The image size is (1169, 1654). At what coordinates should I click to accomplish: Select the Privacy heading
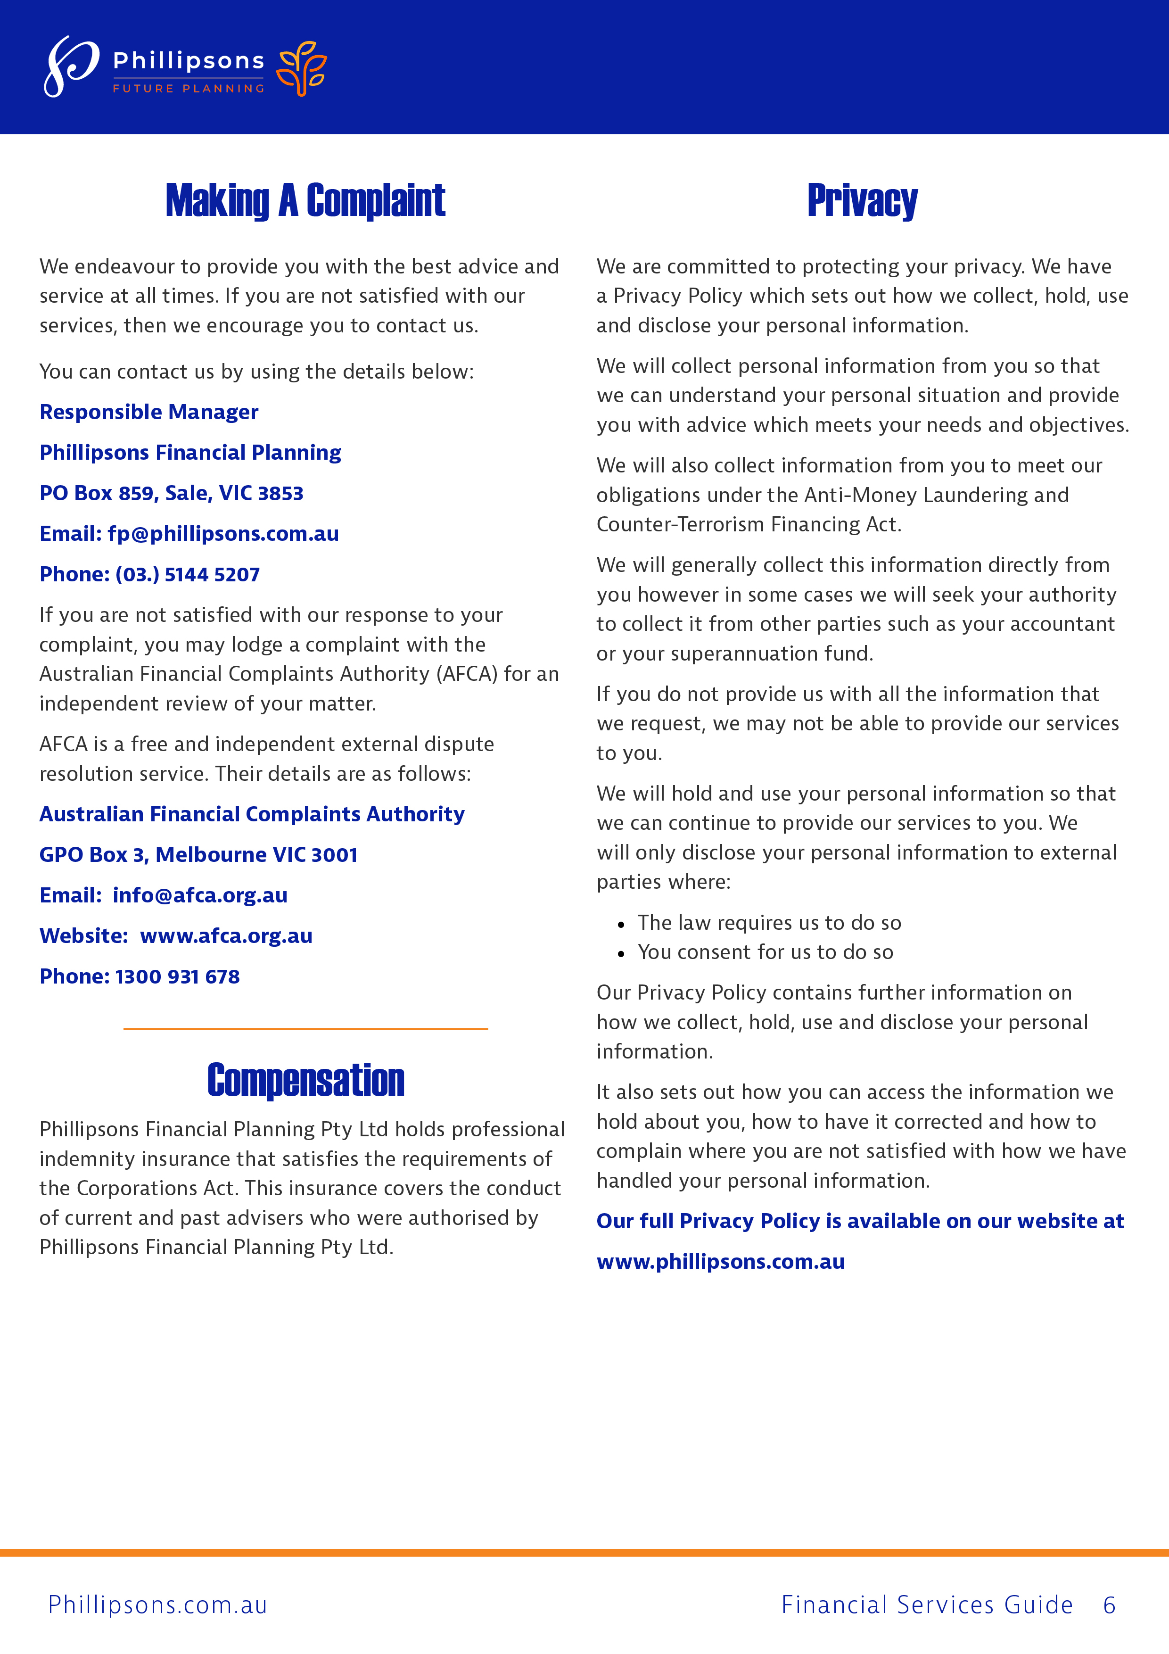coord(862,200)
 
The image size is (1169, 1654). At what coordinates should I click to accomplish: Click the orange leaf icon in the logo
coord(303,68)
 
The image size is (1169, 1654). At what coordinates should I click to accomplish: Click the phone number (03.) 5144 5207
coord(187,574)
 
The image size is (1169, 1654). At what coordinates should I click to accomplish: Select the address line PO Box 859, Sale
coord(172,494)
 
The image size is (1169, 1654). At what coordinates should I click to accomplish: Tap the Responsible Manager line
coord(149,412)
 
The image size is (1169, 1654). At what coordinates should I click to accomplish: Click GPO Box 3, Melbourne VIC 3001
coord(198,855)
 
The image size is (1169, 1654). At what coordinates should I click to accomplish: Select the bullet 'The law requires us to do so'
coord(768,923)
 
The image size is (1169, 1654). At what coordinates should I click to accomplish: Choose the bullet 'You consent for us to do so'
coord(765,952)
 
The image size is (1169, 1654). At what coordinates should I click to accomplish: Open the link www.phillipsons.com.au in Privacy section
coord(720,1262)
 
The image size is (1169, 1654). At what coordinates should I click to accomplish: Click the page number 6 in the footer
coord(1109,1605)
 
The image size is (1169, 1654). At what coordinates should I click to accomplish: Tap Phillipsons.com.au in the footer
coord(158,1605)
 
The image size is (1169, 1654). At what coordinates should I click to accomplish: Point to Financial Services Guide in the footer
coord(927,1605)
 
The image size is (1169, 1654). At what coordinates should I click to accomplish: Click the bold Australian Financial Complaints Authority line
coord(252,814)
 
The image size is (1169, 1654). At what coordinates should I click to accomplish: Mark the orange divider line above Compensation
coord(305,1029)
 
